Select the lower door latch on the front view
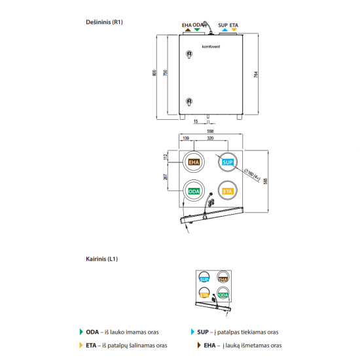(189, 101)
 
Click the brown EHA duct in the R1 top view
(194, 162)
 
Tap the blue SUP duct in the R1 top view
(228, 162)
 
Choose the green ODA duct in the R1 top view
(194, 191)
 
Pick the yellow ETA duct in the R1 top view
(228, 191)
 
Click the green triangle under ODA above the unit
(197, 31)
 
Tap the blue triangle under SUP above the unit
(225, 31)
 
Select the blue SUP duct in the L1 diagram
(205, 278)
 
